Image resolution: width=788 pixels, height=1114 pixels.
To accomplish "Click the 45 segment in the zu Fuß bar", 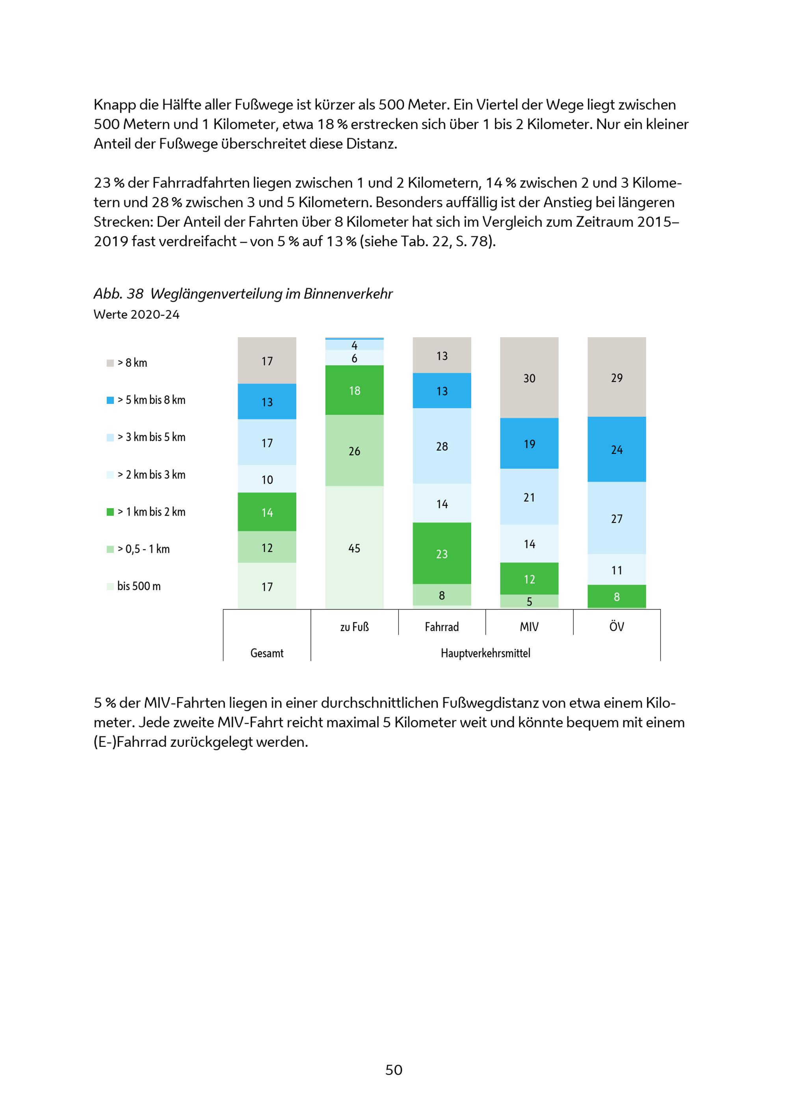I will (x=354, y=548).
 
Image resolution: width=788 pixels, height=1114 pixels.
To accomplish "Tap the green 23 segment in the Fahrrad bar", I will (x=442, y=553).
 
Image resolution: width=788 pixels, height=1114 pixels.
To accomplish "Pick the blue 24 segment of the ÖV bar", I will (x=616, y=449).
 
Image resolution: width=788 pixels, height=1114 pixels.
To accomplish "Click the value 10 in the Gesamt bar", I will (x=267, y=479).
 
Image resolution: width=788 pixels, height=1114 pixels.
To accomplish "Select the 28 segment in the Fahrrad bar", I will (x=442, y=446).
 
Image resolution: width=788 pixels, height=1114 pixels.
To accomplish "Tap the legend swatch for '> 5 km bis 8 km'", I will (x=110, y=400).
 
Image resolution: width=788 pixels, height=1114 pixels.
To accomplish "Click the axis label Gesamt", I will (x=267, y=653).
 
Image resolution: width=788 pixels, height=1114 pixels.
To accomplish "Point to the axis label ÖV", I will (x=616, y=627).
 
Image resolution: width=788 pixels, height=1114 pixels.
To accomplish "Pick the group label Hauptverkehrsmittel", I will (x=485, y=653).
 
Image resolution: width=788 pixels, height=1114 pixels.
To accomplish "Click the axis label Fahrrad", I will (x=442, y=627).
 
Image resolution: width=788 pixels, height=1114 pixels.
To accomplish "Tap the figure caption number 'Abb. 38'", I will (x=118, y=293).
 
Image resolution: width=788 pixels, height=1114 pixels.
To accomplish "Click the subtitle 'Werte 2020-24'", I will (x=136, y=314).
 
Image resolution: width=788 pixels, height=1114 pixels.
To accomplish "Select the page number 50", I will (x=394, y=1070).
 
